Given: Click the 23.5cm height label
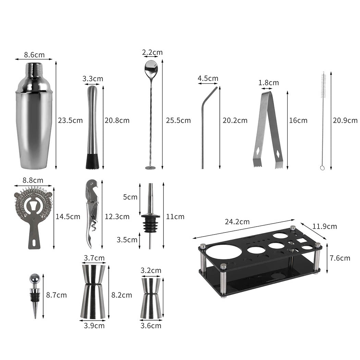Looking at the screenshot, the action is click(x=70, y=120).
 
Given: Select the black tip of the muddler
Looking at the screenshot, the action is click(x=92, y=161).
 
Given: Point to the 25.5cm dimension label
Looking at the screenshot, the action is click(x=178, y=120).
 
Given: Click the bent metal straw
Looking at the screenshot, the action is click(x=203, y=130).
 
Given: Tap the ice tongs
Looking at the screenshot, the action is click(x=267, y=130).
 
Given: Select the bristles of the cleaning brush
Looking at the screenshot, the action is click(x=323, y=86).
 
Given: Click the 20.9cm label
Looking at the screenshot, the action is click(x=345, y=120).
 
